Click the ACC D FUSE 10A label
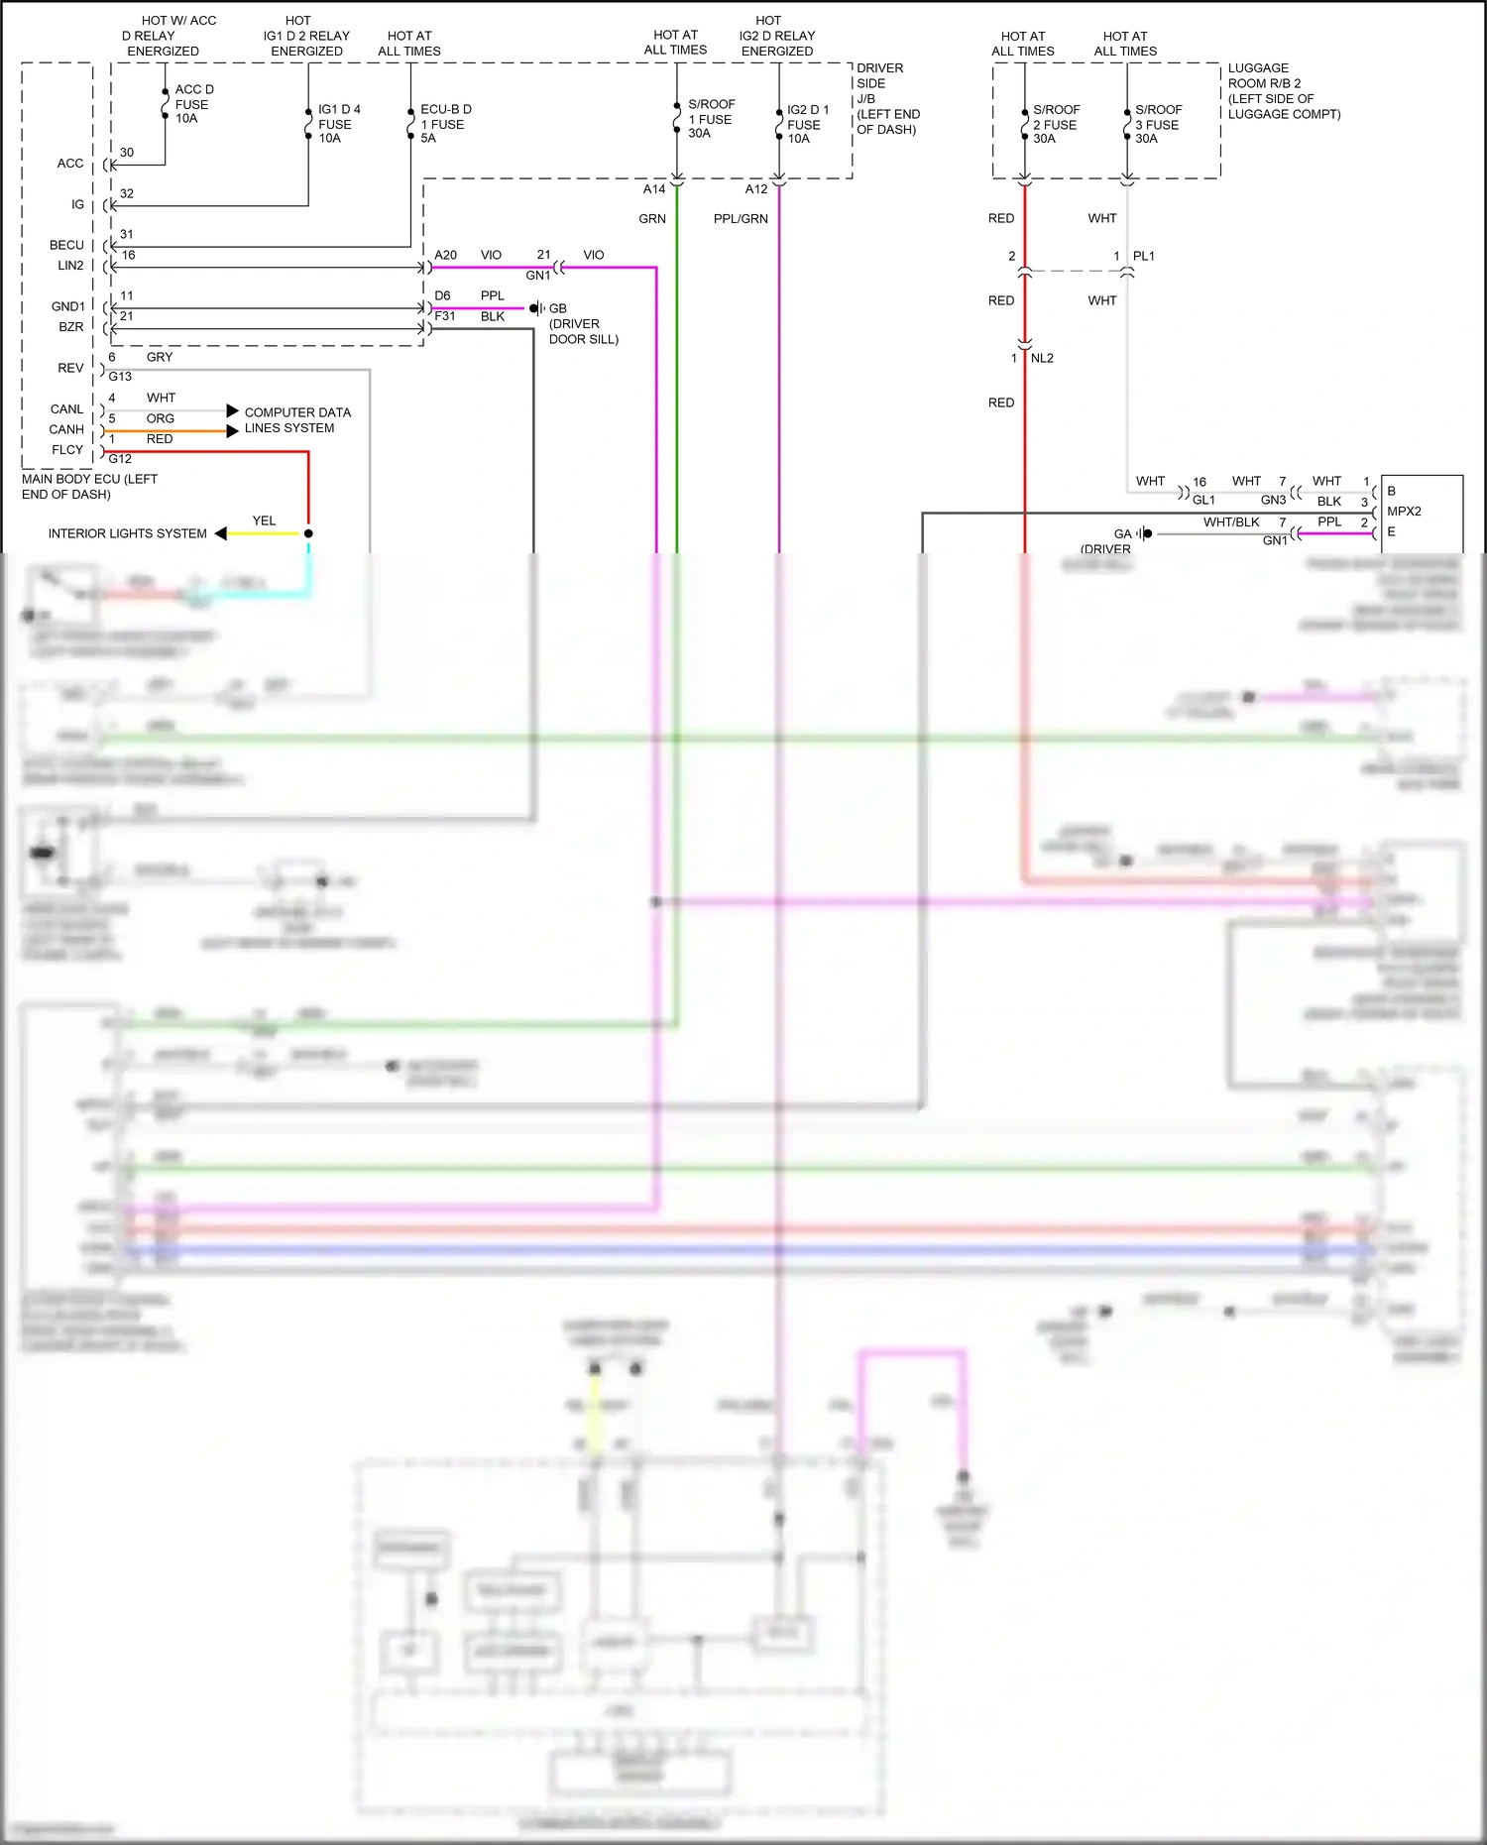193,104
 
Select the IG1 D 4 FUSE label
338,124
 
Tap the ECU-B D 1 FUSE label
445,124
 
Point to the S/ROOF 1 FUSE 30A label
711,119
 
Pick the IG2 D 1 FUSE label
807,124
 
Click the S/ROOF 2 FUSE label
1056,124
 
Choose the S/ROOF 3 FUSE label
1158,124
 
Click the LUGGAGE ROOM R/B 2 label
1283,91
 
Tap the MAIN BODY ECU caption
89,486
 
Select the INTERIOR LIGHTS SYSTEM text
128,533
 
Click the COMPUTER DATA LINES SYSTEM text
296,420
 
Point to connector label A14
654,189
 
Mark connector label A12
756,189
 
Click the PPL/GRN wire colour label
741,219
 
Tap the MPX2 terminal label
1404,512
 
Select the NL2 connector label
1042,358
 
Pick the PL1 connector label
1144,256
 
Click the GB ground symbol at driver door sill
535,308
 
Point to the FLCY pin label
67,450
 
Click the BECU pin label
67,245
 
